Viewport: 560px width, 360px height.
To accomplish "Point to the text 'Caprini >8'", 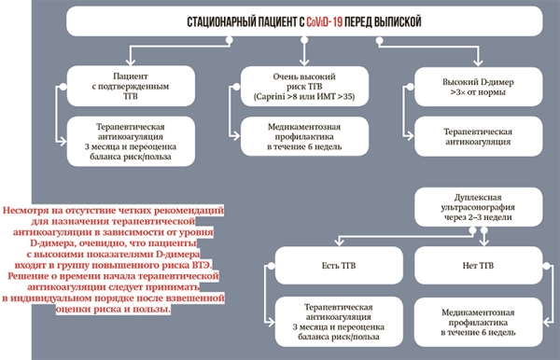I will (270, 96).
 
